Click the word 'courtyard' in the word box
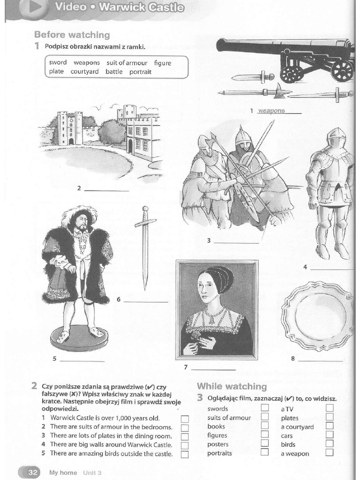tap(84, 72)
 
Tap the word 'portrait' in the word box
tap(141, 72)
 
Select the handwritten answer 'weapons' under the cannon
tap(271, 111)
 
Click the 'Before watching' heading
tap(72, 35)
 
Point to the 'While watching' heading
tap(232, 386)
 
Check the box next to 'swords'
tap(265, 408)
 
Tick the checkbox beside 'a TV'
tap(330, 408)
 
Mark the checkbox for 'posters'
tap(265, 444)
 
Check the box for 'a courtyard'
tap(330, 426)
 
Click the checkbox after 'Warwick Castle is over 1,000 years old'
tap(185, 419)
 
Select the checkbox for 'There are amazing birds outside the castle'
tap(185, 454)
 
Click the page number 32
tap(32, 472)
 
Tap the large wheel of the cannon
tap(342, 71)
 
